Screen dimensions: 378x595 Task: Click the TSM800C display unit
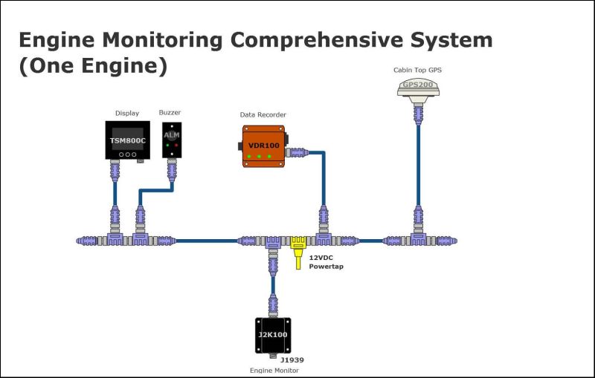tap(127, 140)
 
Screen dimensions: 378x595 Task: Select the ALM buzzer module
tap(172, 138)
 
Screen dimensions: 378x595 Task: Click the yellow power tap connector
tap(298, 244)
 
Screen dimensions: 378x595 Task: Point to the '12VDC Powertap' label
tap(326, 262)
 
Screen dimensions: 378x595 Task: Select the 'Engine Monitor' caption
tap(273, 370)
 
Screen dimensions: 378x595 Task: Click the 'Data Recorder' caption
tap(263, 114)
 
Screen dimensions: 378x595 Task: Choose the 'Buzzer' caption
tap(170, 113)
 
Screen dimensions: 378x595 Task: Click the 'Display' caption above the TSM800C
tap(126, 113)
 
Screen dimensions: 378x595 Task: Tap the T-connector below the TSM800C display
tap(115, 239)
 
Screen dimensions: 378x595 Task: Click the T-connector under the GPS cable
tap(416, 239)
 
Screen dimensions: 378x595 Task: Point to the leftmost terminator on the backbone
tap(83, 241)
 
